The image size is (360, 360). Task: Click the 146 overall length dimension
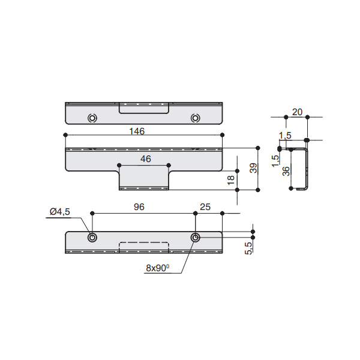[x=137, y=130]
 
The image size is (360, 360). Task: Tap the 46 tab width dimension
[x=145, y=159]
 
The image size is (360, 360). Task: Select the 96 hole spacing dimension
[x=139, y=208]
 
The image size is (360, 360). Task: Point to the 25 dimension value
[x=205, y=208]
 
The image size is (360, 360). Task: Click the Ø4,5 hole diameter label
[x=60, y=211]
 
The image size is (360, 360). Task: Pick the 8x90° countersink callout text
[x=157, y=268]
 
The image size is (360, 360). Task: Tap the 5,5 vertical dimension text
[x=248, y=248]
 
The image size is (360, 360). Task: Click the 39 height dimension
[x=253, y=169]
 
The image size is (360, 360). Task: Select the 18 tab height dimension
[x=232, y=180]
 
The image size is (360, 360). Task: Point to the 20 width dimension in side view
[x=296, y=112]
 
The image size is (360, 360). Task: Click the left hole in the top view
[x=92, y=118]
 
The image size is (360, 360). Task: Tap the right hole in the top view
[x=195, y=118]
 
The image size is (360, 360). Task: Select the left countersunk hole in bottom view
[x=92, y=238]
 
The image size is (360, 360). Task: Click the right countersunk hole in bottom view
[x=195, y=238]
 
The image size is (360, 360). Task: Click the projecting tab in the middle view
[x=144, y=178]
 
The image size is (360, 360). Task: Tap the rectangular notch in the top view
[x=144, y=107]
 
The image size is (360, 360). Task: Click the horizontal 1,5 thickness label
[x=285, y=136]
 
